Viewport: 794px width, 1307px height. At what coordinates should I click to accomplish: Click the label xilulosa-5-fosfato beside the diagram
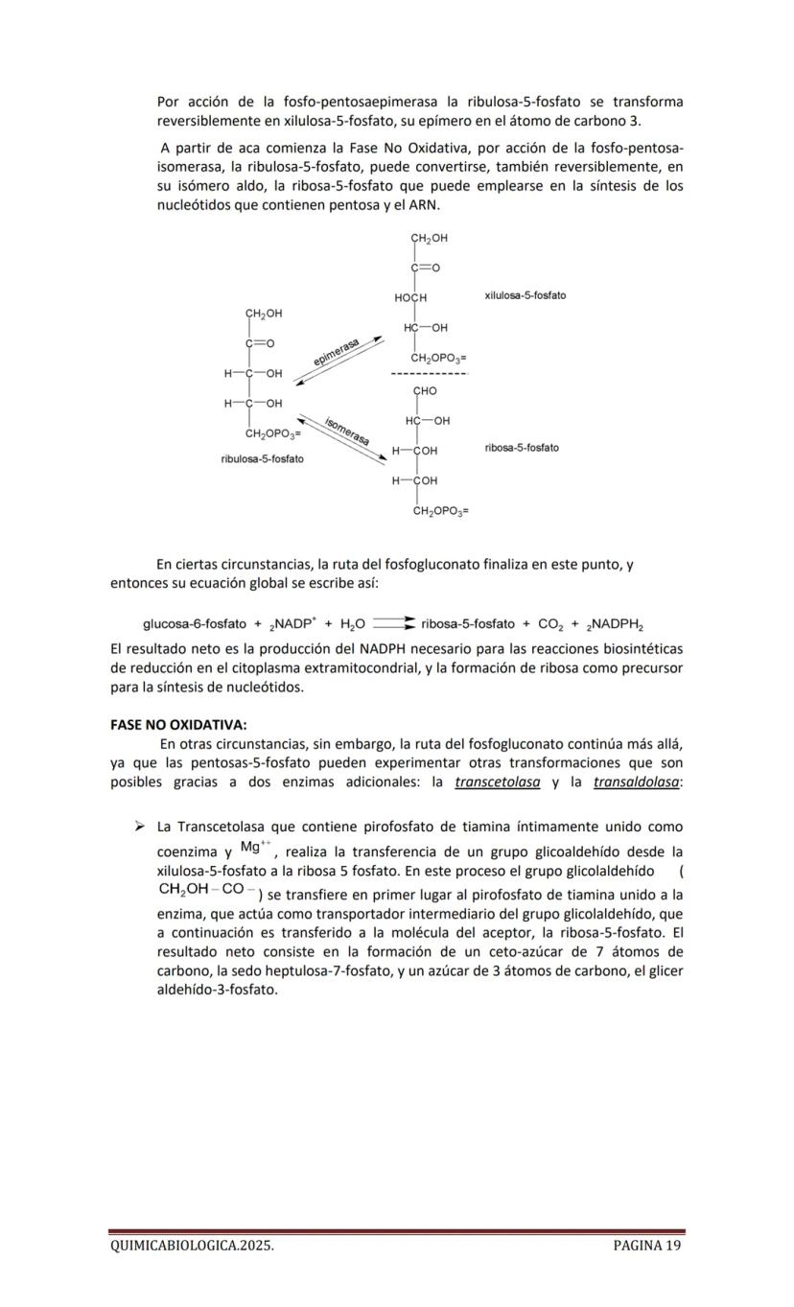click(x=525, y=295)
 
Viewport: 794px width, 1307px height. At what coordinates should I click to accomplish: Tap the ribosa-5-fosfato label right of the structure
click(x=522, y=448)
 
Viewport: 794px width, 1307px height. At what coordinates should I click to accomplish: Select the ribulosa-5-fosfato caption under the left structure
click(x=262, y=459)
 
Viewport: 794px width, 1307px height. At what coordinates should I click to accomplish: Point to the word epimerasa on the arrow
click(x=337, y=352)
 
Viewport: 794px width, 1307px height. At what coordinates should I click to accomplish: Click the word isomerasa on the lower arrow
click(x=347, y=431)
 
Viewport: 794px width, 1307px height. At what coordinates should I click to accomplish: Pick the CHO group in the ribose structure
click(x=425, y=391)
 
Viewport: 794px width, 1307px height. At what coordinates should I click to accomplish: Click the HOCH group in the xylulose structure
click(x=410, y=299)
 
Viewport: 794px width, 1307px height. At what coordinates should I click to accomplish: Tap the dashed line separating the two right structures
click(x=430, y=373)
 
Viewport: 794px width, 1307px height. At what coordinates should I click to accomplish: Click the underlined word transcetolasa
click(x=497, y=782)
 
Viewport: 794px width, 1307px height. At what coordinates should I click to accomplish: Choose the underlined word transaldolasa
click(x=637, y=782)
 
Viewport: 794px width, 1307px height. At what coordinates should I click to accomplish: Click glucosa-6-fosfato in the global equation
click(x=195, y=624)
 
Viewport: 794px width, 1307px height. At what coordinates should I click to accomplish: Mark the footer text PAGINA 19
click(x=647, y=1246)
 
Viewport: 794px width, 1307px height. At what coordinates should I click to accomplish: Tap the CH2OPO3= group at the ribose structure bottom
click(x=440, y=512)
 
